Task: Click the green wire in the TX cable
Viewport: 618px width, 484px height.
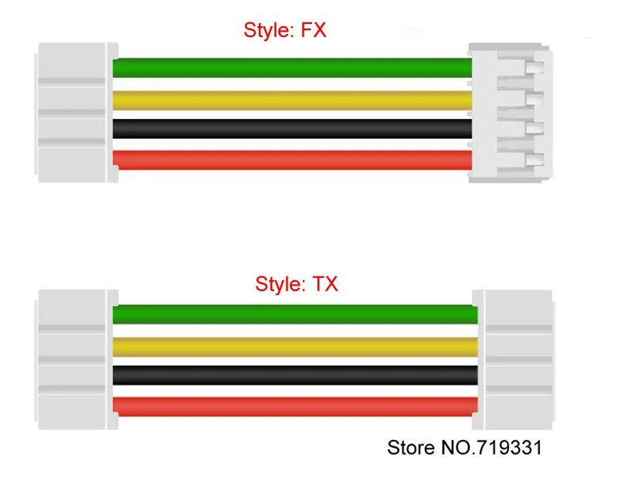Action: [x=294, y=313]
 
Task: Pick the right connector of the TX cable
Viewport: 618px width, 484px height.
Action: [x=513, y=360]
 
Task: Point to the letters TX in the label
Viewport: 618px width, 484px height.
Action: [x=325, y=284]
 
